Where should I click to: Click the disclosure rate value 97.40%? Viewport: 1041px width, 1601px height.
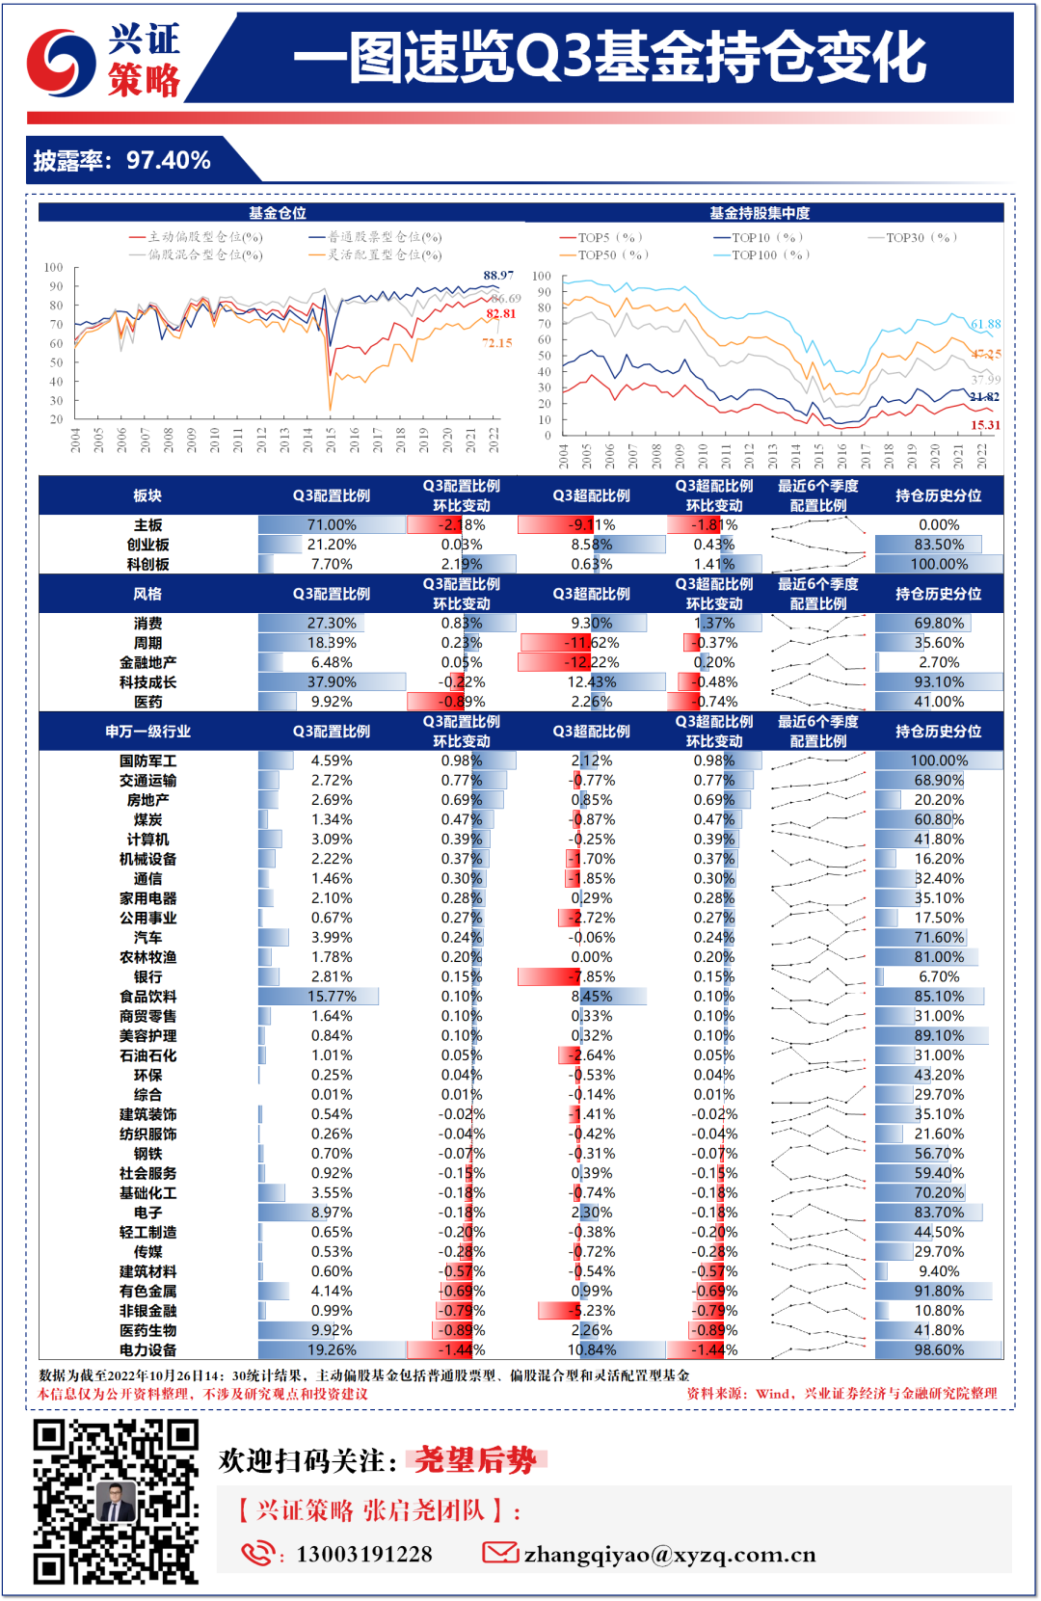tap(169, 160)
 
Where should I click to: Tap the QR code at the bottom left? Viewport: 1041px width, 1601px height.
tap(116, 1502)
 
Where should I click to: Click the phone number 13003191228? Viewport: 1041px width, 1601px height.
tap(364, 1555)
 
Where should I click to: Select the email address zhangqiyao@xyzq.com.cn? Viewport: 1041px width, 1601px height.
tap(669, 1555)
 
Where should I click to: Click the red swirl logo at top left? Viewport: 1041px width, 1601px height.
tap(60, 63)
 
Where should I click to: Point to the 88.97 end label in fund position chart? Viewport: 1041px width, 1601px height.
tap(498, 276)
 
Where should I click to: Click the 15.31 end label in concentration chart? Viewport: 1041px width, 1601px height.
tap(985, 425)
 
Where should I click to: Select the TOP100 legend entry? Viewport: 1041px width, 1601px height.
tap(761, 255)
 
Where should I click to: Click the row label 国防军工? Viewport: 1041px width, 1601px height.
tap(147, 760)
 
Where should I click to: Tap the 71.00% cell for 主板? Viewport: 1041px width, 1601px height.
tap(332, 525)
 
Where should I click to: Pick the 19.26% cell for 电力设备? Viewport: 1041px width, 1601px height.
tap(332, 1350)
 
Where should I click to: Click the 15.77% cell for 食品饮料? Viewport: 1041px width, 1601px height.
tap(332, 997)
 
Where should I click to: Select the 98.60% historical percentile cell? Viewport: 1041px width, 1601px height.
tap(939, 1350)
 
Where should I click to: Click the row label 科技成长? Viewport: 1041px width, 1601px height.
tap(147, 682)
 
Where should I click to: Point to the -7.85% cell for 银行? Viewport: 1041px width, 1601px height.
tap(591, 977)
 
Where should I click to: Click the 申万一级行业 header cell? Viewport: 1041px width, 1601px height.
tap(147, 732)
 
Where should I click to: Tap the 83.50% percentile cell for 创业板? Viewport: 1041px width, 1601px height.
tap(939, 545)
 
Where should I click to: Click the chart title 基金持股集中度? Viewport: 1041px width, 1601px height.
tap(760, 213)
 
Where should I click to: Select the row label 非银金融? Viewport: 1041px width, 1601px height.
tap(147, 1311)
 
